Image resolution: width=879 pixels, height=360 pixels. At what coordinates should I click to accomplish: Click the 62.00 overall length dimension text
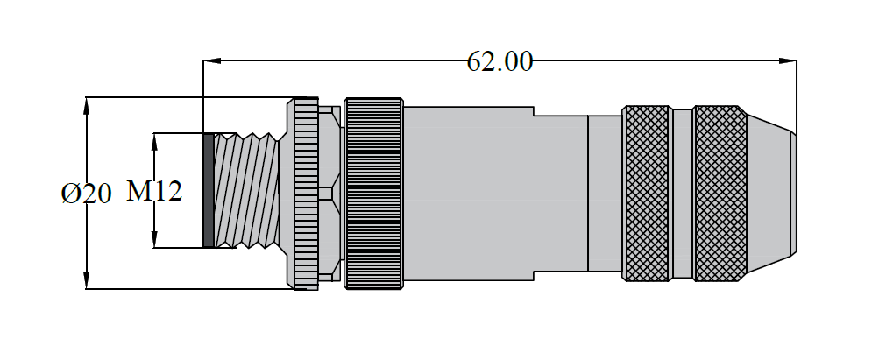point(499,61)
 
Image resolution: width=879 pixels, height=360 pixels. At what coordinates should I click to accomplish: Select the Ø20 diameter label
point(87,194)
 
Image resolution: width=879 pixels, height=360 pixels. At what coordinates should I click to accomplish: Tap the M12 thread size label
point(154,191)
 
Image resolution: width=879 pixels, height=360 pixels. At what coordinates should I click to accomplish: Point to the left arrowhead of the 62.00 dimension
point(211,61)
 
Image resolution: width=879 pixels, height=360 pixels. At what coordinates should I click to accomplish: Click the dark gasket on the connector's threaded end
point(209,191)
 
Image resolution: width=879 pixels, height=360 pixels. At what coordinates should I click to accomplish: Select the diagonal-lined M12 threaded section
point(247,191)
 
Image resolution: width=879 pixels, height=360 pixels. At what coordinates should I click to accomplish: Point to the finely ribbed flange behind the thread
point(306,193)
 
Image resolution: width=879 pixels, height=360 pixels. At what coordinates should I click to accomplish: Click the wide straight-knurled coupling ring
point(374,193)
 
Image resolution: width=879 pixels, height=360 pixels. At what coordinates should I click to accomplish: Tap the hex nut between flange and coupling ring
point(330,193)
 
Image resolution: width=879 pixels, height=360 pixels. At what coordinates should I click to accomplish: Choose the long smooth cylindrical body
point(495,193)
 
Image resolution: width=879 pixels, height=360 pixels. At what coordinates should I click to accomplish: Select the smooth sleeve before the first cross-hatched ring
point(604,193)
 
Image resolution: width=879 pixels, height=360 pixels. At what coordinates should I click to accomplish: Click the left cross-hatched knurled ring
point(647,193)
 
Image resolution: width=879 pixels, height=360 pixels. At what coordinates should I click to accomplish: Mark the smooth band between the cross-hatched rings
point(683,193)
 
